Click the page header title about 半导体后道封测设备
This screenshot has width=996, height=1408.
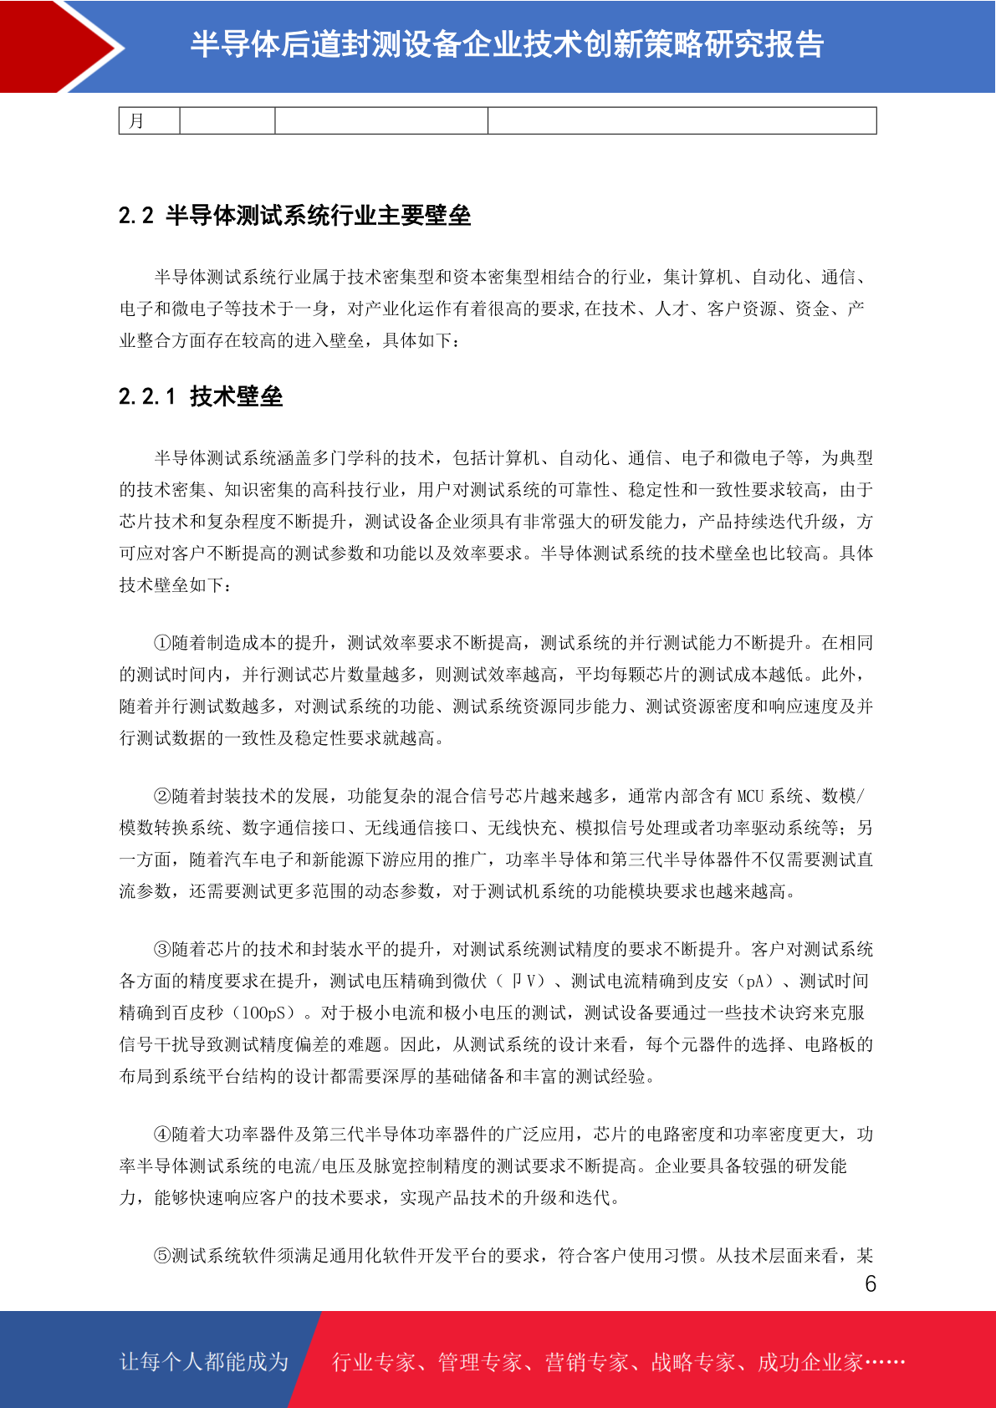click(x=507, y=44)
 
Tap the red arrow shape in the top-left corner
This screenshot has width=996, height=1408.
click(x=59, y=46)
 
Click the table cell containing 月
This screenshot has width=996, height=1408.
click(x=149, y=121)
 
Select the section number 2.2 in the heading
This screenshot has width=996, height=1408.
click(x=135, y=216)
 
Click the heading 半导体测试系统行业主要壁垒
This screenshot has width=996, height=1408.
click(x=318, y=216)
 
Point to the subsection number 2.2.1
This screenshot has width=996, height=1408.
click(x=147, y=396)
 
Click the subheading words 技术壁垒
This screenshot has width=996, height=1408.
click(x=236, y=396)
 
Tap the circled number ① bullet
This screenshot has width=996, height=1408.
click(x=162, y=643)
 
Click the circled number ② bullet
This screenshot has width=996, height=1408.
click(x=162, y=796)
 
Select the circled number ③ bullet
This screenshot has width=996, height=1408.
click(x=162, y=950)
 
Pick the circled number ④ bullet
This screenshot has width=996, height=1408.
click(x=162, y=1135)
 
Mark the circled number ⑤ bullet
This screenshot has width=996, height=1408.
click(x=162, y=1256)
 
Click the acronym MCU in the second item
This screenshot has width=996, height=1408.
click(x=750, y=796)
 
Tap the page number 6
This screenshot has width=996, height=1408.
click(x=871, y=1283)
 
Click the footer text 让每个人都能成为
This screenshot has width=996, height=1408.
click(x=204, y=1362)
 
